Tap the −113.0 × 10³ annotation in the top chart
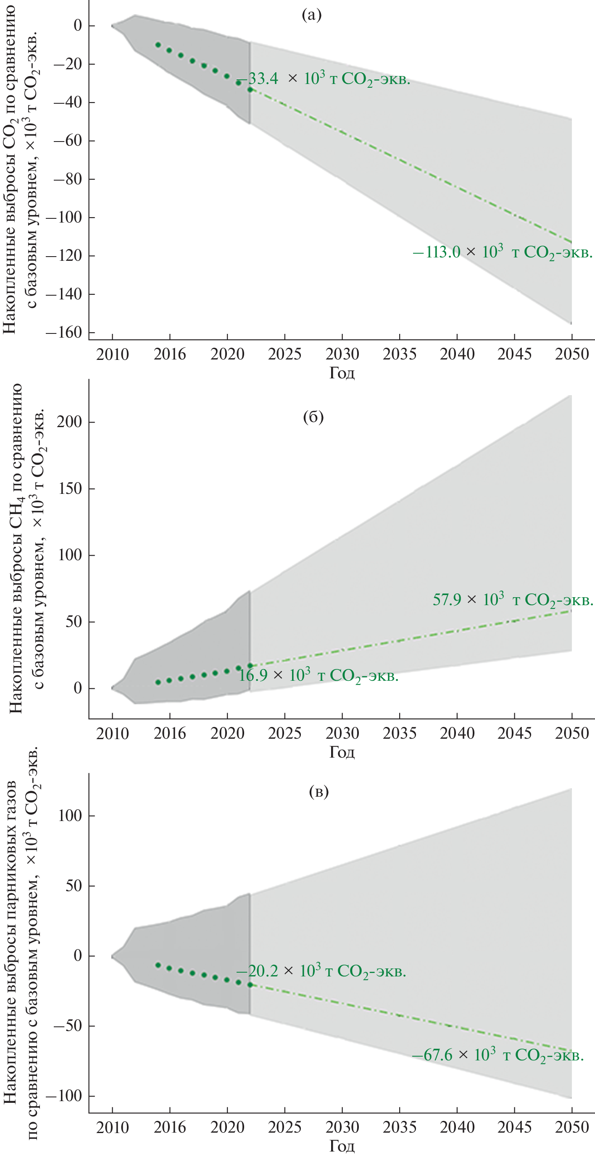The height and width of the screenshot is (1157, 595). click(503, 252)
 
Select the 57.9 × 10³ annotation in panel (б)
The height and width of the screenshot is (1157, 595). click(513, 600)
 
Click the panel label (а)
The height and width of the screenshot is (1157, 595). click(312, 16)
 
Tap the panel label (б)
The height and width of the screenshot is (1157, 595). click(313, 417)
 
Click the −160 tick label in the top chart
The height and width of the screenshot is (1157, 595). click(64, 333)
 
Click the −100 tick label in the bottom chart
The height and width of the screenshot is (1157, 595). click(64, 1096)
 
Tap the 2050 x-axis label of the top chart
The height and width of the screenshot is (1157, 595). click(571, 354)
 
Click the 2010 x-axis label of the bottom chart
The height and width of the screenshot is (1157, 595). click(112, 1127)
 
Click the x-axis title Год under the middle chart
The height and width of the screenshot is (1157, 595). click(342, 752)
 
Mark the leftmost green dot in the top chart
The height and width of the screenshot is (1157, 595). click(158, 45)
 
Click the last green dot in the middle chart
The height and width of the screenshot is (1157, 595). click(250, 666)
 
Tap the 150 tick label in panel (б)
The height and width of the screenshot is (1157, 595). click(70, 489)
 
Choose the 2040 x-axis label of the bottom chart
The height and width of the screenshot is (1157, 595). click(457, 1127)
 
